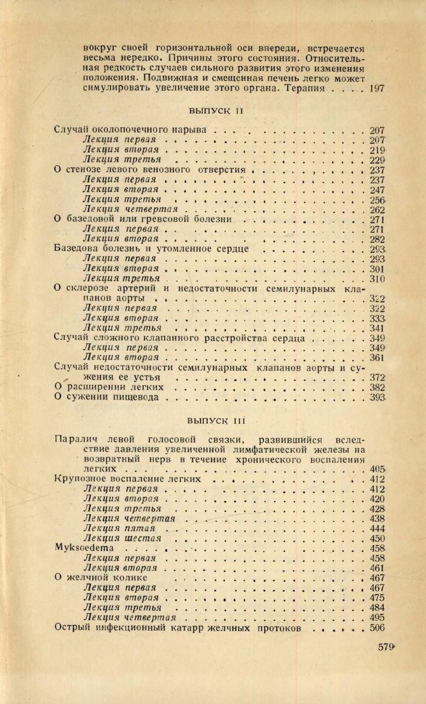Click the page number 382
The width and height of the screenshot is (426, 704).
click(377, 387)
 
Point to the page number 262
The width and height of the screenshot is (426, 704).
click(377, 209)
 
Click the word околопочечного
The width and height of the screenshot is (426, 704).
click(132, 130)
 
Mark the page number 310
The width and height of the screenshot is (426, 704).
click(377, 279)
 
